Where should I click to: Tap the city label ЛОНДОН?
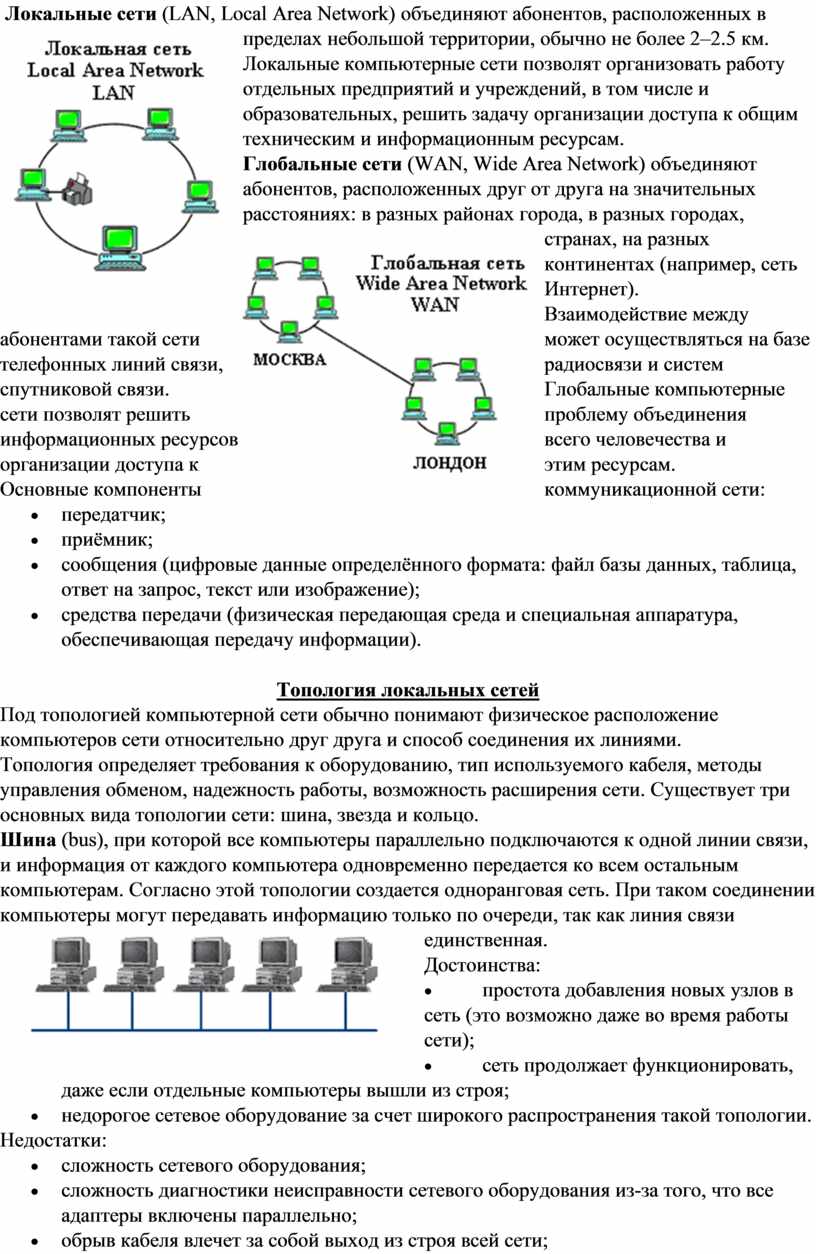(450, 463)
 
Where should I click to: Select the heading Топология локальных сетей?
(407, 690)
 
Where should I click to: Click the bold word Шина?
(27, 838)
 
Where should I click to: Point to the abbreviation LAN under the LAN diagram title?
(112, 90)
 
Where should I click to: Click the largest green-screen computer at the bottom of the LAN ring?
(120, 244)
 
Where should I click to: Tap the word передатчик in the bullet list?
(111, 516)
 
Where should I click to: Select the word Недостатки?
(56, 1140)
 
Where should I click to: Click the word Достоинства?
(481, 965)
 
